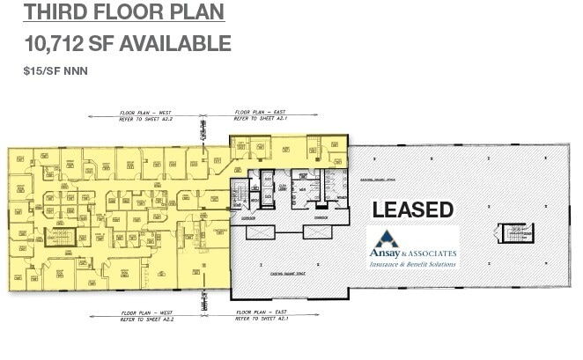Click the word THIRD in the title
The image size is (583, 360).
[x=59, y=12]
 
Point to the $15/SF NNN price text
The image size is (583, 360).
[x=55, y=70]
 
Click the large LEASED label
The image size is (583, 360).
[x=412, y=210]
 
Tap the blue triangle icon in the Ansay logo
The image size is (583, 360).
[x=385, y=239]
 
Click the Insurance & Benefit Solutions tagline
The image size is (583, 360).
[x=412, y=264]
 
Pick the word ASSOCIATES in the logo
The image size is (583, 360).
[x=432, y=253]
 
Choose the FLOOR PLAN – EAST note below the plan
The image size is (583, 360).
[x=262, y=314]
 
